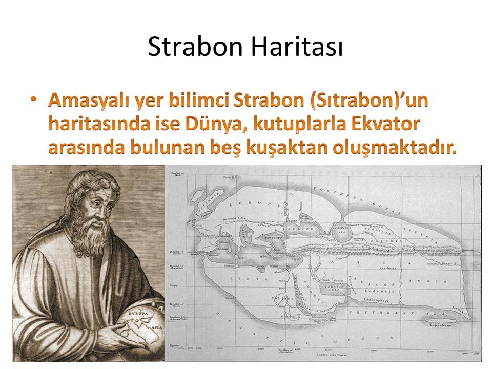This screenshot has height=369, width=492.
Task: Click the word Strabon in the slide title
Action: coord(195,48)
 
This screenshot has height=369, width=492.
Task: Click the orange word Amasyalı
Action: coord(89,100)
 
